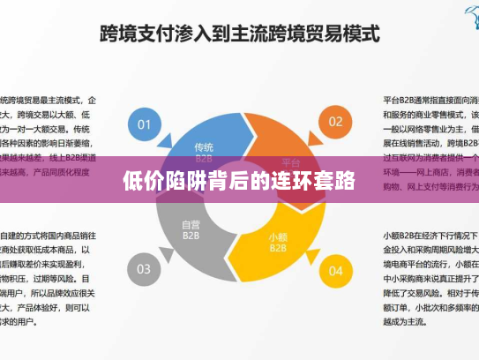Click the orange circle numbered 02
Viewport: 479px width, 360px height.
click(335, 121)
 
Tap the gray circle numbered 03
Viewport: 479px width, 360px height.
click(145, 268)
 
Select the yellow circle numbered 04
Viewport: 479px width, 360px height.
click(335, 269)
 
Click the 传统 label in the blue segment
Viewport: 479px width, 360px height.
click(204, 146)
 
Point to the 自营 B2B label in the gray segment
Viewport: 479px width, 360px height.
click(191, 230)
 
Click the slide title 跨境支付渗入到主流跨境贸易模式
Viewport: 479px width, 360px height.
click(239, 35)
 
